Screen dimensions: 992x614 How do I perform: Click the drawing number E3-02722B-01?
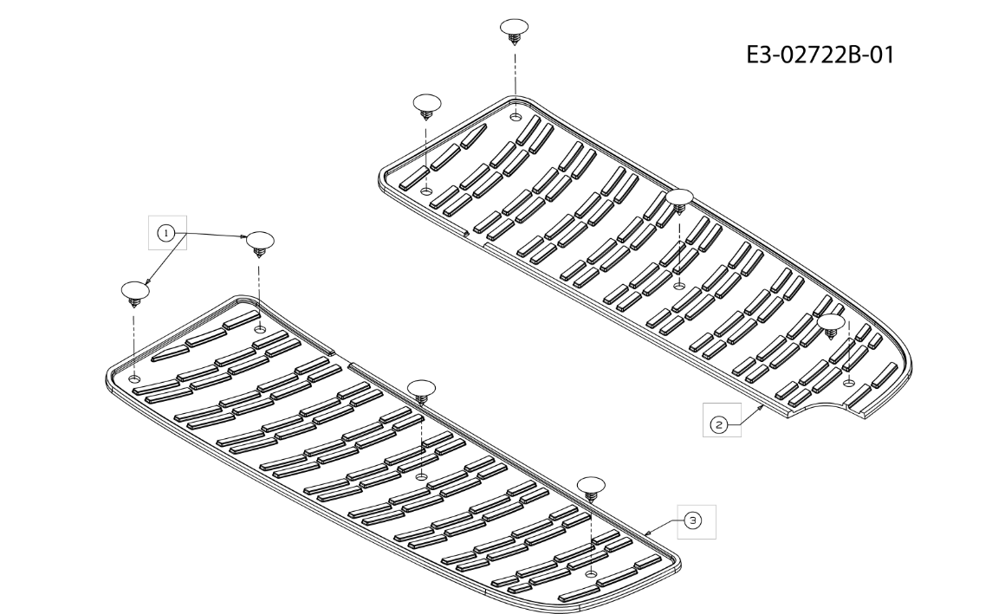[x=820, y=55]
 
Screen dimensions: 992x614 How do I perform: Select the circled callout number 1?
[x=166, y=233]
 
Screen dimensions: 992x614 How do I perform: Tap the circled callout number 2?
[x=719, y=424]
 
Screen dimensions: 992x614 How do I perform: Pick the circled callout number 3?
[x=694, y=520]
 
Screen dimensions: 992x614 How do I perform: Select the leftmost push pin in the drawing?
[x=135, y=294]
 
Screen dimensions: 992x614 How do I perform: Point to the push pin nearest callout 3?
[x=592, y=489]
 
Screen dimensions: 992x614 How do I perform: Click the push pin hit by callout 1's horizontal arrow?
[x=259, y=243]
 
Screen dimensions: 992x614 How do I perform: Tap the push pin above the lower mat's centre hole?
[x=421, y=392]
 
